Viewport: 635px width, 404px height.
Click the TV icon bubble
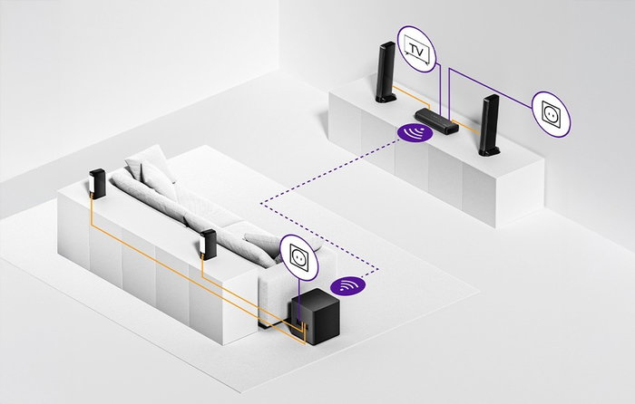(416, 49)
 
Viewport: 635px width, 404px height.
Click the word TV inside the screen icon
(416, 50)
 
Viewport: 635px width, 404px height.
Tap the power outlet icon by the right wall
(551, 114)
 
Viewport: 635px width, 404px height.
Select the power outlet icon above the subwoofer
(299, 257)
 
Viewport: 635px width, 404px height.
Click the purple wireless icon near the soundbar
(415, 132)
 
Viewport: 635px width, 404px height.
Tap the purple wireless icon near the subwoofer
(347, 285)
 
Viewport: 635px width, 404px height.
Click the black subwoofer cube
(316, 317)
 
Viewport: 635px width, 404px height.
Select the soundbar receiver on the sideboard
(436, 120)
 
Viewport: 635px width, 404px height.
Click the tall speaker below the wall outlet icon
(489, 125)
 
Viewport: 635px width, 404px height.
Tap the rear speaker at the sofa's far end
(97, 184)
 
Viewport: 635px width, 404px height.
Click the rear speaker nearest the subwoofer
(208, 245)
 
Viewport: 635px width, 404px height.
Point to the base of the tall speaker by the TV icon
(386, 98)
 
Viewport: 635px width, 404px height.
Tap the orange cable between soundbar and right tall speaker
(465, 126)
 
